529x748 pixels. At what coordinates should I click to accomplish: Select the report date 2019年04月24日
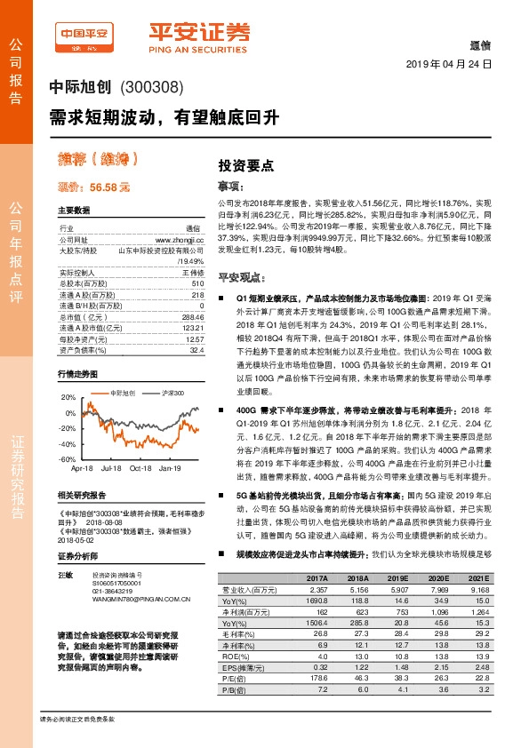pos(448,65)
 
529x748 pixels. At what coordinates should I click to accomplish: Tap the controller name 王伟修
pos(193,273)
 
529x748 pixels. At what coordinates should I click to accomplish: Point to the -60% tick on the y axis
pos(68,458)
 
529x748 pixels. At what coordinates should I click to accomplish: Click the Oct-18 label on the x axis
pos(140,467)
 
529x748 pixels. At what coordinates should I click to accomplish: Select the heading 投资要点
pos(245,165)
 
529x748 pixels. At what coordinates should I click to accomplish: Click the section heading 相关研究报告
pos(81,495)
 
